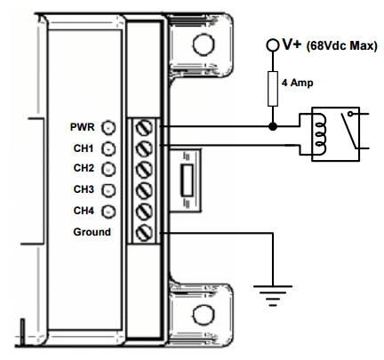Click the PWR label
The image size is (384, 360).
coord(82,127)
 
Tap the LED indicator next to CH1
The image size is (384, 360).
coord(108,148)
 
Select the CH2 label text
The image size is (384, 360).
coord(84,168)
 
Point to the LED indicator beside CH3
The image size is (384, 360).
coord(108,190)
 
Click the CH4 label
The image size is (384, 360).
coord(84,211)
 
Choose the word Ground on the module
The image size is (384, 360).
coord(92,232)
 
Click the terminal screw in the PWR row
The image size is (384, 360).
coord(144,128)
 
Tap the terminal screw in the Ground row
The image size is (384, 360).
coord(144,232)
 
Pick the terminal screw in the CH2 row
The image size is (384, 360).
coord(144,169)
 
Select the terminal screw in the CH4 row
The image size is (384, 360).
coord(144,212)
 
